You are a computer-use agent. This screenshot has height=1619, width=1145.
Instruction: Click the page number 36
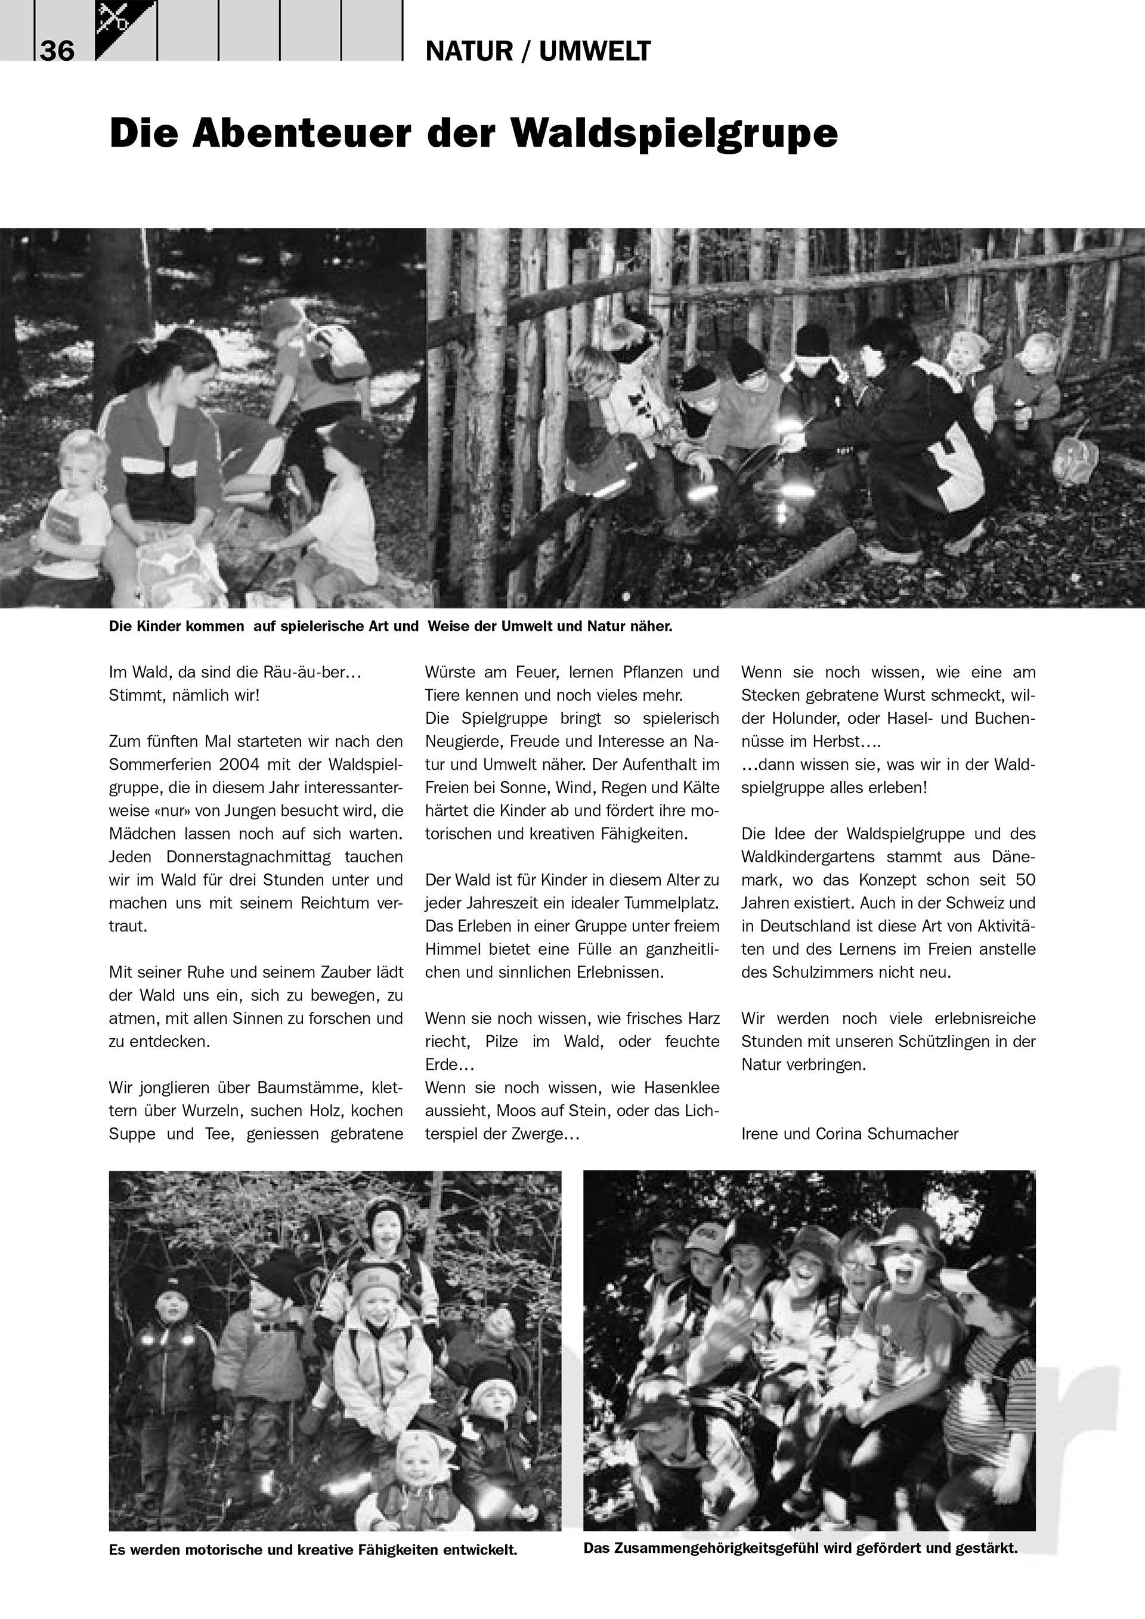57,51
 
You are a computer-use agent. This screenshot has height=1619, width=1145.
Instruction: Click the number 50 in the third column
1025,880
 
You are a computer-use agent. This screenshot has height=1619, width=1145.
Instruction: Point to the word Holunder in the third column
804,719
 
